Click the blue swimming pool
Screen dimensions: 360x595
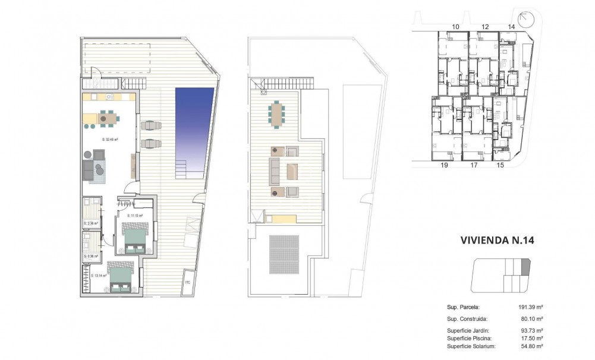(194, 125)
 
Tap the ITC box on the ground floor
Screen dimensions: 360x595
(188, 282)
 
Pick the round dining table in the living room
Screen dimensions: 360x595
(103, 119)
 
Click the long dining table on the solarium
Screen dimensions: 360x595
(278, 113)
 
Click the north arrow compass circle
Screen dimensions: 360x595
(525, 20)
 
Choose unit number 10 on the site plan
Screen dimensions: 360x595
(456, 27)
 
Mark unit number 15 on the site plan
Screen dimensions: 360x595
(500, 167)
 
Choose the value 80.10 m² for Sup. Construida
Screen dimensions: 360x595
(534, 318)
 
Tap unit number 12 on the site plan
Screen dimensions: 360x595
(485, 27)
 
